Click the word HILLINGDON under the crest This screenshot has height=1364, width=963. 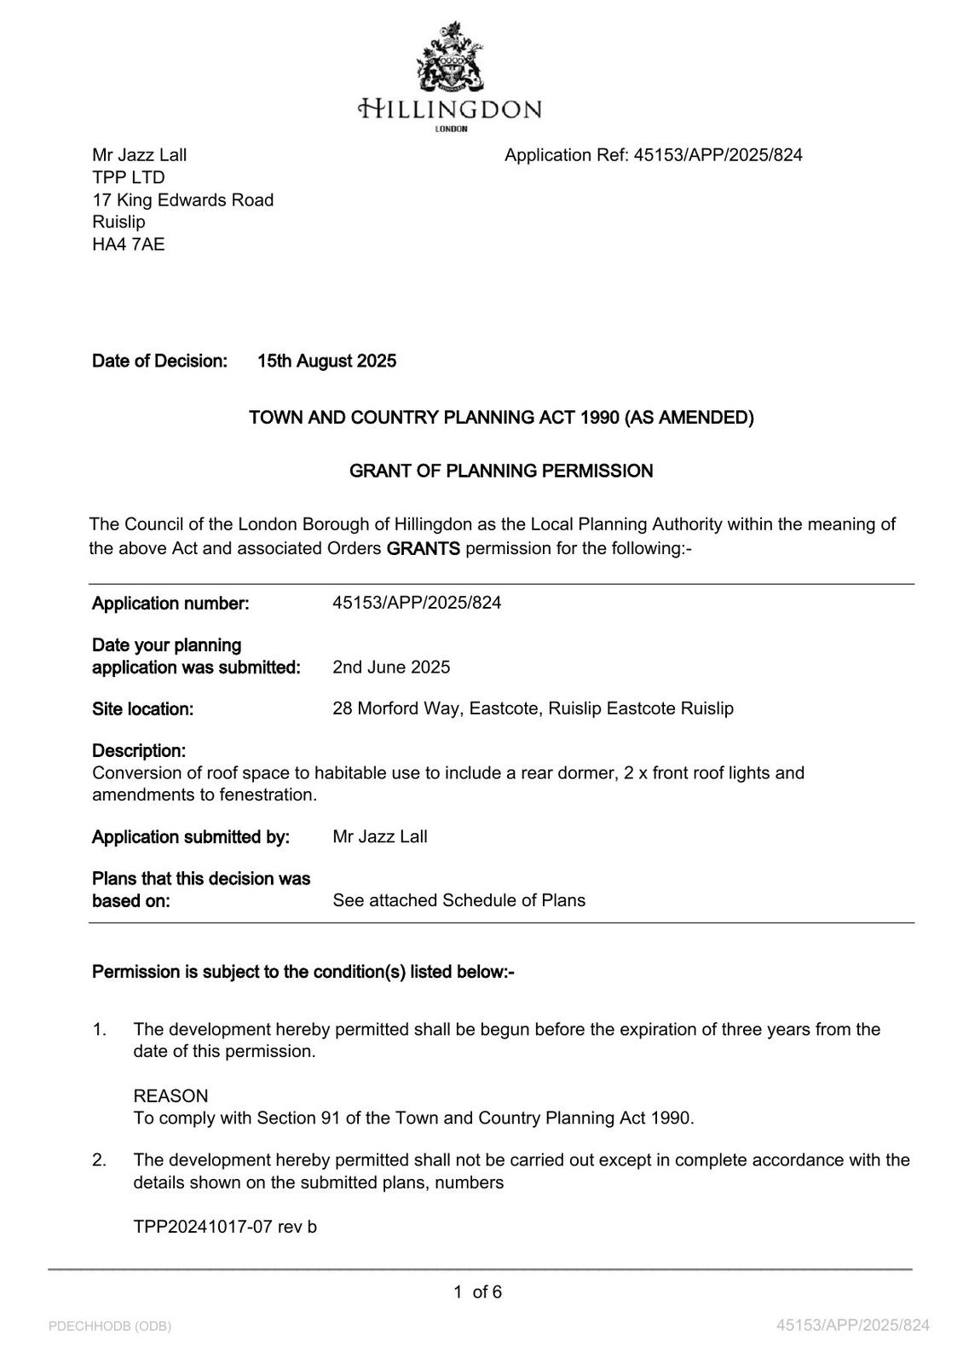[450, 109]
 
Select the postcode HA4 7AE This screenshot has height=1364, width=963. [129, 245]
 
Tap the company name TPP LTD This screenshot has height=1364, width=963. [129, 177]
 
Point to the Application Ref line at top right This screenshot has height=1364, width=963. [653, 155]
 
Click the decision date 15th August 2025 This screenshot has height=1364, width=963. [326, 361]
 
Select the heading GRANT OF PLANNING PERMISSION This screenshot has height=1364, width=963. [501, 471]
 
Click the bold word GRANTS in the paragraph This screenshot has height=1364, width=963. [423, 548]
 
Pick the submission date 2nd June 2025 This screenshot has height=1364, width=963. [391, 667]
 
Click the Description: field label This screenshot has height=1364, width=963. [139, 751]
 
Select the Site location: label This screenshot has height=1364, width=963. [142, 709]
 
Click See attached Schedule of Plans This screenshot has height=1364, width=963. [458, 900]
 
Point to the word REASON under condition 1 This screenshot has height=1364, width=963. [170, 1096]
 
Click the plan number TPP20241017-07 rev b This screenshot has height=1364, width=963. [225, 1227]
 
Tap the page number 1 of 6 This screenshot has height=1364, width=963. [478, 1292]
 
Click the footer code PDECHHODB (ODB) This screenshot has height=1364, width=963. [110, 1326]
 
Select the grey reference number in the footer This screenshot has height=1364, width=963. [852, 1325]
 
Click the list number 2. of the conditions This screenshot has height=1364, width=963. [100, 1160]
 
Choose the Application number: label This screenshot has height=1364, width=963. [170, 604]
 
